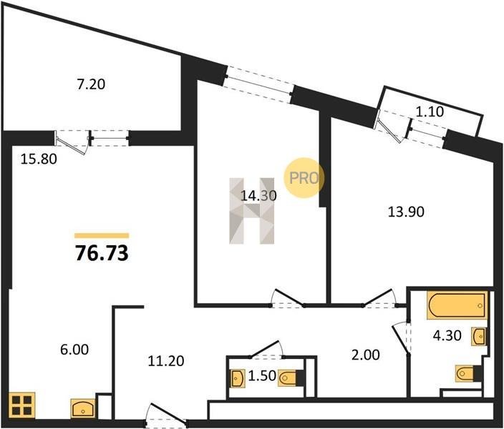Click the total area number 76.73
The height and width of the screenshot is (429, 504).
click(x=102, y=253)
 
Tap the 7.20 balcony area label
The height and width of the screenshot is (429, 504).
click(x=92, y=84)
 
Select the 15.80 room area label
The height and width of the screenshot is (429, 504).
click(x=39, y=159)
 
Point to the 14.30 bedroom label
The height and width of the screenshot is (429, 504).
click(x=258, y=196)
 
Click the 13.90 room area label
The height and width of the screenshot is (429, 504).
click(x=407, y=212)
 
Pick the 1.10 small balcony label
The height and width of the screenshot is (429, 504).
click(x=430, y=112)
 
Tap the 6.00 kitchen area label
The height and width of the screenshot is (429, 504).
click(x=74, y=350)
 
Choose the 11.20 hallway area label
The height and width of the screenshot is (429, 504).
click(x=166, y=361)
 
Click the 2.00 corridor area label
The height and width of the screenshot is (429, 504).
click(x=365, y=355)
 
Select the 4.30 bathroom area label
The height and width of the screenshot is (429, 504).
click(x=447, y=335)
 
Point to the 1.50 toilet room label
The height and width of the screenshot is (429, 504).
click(x=262, y=375)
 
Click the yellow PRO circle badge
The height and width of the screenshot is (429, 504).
click(x=304, y=178)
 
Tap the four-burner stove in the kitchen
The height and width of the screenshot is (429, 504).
click(x=22, y=405)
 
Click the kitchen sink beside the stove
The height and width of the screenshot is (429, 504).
click(x=83, y=408)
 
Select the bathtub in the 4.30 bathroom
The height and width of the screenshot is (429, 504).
click(x=457, y=305)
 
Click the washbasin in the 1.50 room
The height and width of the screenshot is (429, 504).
click(x=238, y=378)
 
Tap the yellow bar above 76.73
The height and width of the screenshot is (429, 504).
click(x=102, y=236)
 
